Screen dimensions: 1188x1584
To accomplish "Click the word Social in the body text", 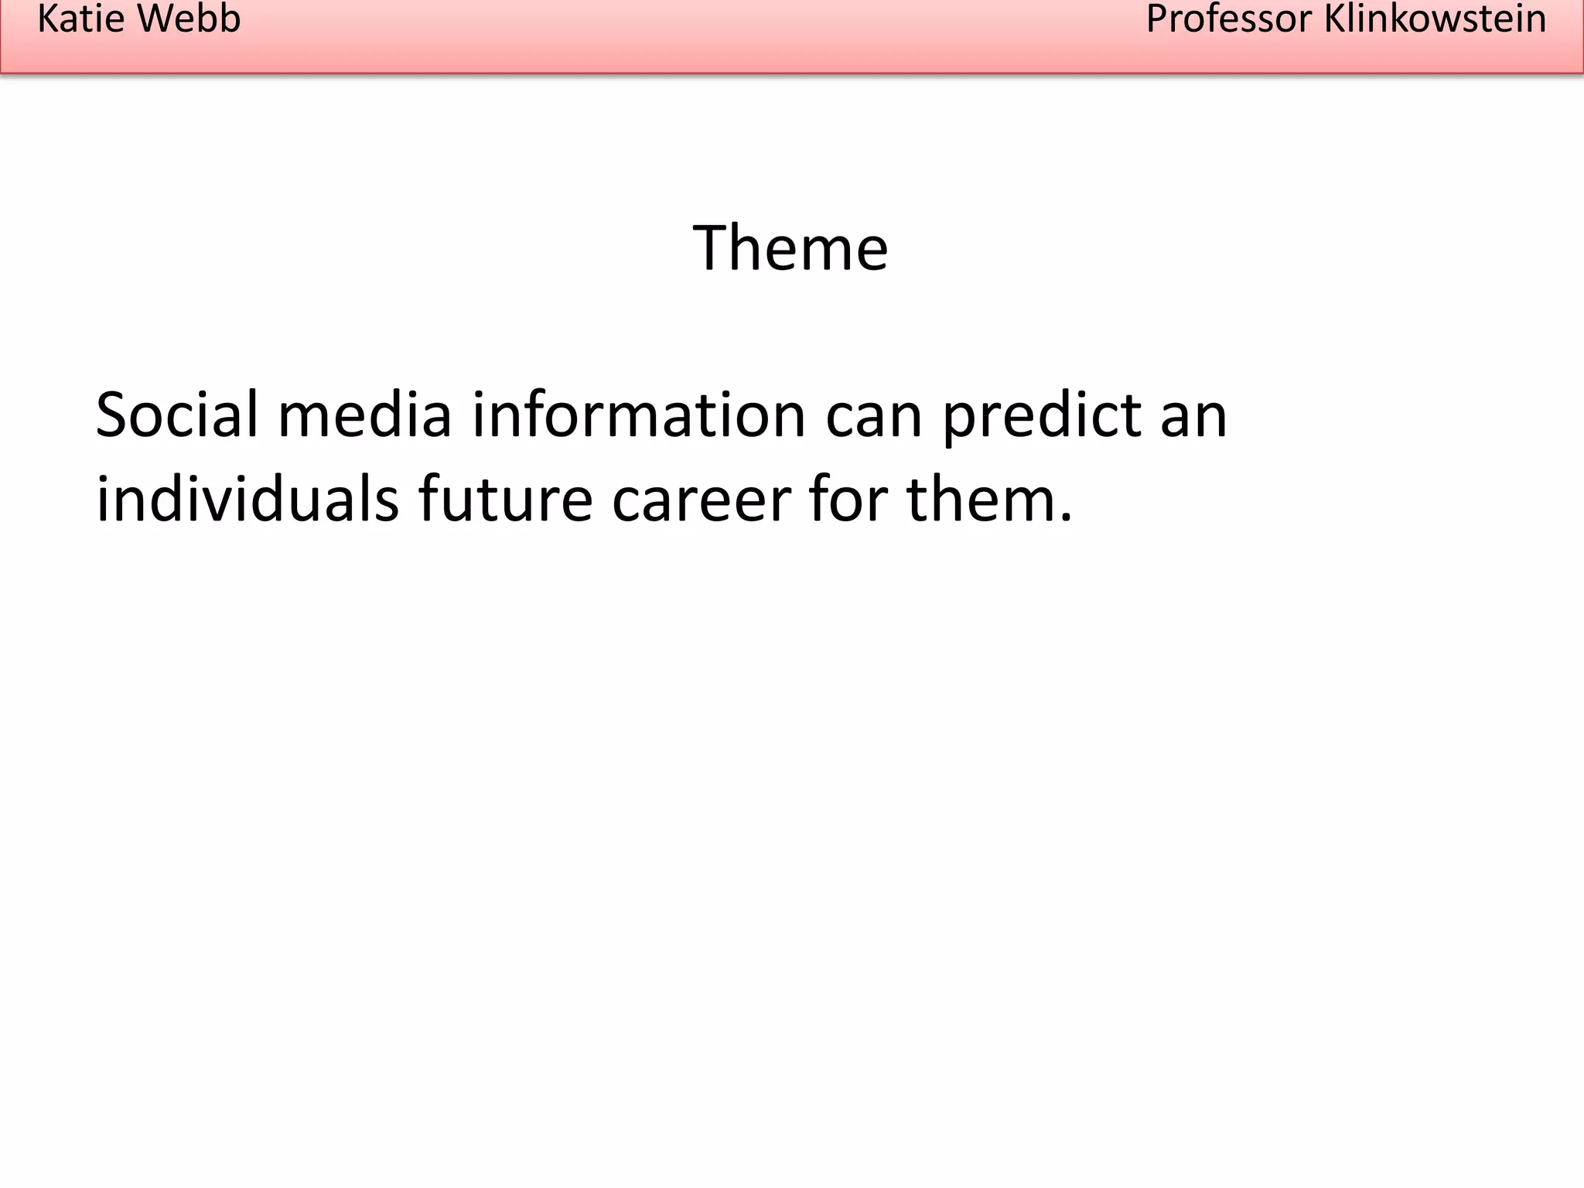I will click(x=176, y=415).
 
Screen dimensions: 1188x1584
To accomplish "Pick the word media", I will click(x=364, y=415).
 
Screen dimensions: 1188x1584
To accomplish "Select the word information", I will click(x=639, y=415).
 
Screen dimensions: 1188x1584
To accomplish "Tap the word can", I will click(x=874, y=415).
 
